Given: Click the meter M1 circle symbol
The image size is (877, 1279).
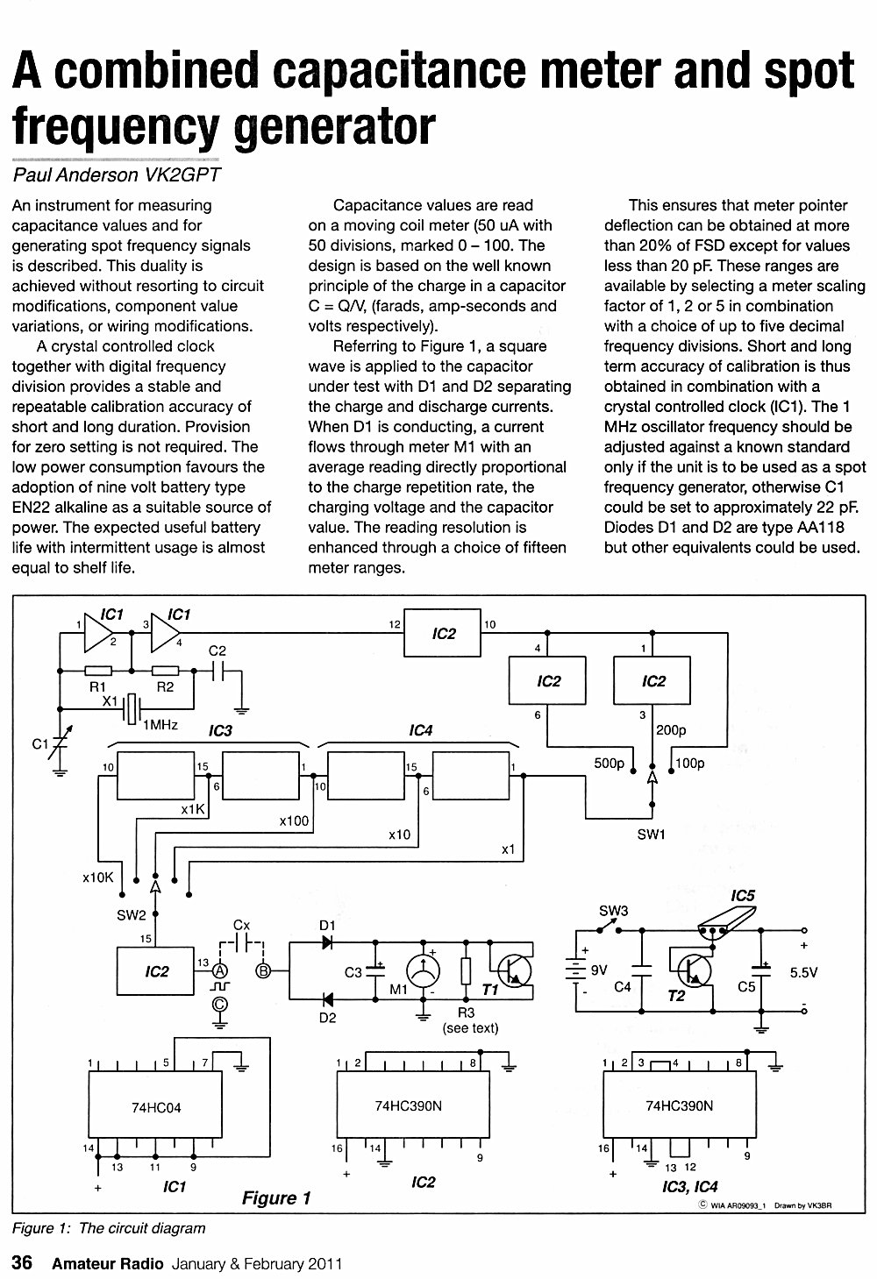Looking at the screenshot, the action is pyautogui.click(x=423, y=970).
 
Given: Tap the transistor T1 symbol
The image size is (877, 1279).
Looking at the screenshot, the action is pyautogui.click(x=514, y=970).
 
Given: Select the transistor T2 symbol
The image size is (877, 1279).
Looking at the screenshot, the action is pyautogui.click(x=695, y=970).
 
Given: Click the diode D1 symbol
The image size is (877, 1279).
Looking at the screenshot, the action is pyautogui.click(x=327, y=942).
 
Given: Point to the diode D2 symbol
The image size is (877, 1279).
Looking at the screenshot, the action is pyautogui.click(x=327, y=999).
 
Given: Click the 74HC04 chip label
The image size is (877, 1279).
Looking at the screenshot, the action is pyautogui.click(x=156, y=1108).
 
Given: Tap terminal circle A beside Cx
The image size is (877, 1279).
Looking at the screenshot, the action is pyautogui.click(x=220, y=970).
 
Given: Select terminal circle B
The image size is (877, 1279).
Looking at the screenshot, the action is pyautogui.click(x=263, y=970).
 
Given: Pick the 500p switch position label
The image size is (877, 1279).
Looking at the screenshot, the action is pyautogui.click(x=609, y=764).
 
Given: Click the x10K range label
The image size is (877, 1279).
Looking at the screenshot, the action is pyautogui.click(x=97, y=878).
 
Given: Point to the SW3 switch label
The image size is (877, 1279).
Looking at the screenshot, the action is pyautogui.click(x=613, y=911).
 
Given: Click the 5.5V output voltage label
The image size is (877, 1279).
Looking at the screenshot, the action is pyautogui.click(x=803, y=972).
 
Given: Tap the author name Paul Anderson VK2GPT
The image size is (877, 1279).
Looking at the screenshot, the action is pyautogui.click(x=117, y=174).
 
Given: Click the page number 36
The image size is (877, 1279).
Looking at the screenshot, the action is pyautogui.click(x=22, y=1261).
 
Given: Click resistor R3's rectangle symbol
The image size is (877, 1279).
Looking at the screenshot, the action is pyautogui.click(x=467, y=970).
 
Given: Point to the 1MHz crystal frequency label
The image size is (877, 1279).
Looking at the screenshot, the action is pyautogui.click(x=160, y=725).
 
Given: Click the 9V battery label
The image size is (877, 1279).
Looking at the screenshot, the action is pyautogui.click(x=599, y=970).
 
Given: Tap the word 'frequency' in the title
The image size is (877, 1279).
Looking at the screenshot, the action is pyautogui.click(x=116, y=127).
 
